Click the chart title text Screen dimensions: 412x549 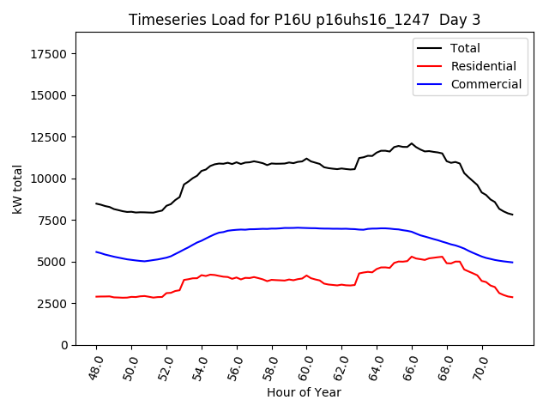(305, 20)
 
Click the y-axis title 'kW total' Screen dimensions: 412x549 (18, 188)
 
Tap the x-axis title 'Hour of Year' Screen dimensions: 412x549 (304, 392)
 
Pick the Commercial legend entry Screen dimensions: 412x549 (486, 84)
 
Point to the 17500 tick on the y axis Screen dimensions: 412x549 (51, 54)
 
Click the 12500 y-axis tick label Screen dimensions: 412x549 (51, 137)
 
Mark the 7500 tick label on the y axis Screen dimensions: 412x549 (54, 221)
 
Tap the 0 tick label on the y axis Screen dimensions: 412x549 (65, 345)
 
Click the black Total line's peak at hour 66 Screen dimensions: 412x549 (412, 143)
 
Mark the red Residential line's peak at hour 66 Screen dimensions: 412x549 (412, 257)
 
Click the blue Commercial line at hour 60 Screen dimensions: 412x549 (306, 228)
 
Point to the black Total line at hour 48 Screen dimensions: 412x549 (96, 203)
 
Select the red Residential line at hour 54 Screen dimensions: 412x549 (202, 276)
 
